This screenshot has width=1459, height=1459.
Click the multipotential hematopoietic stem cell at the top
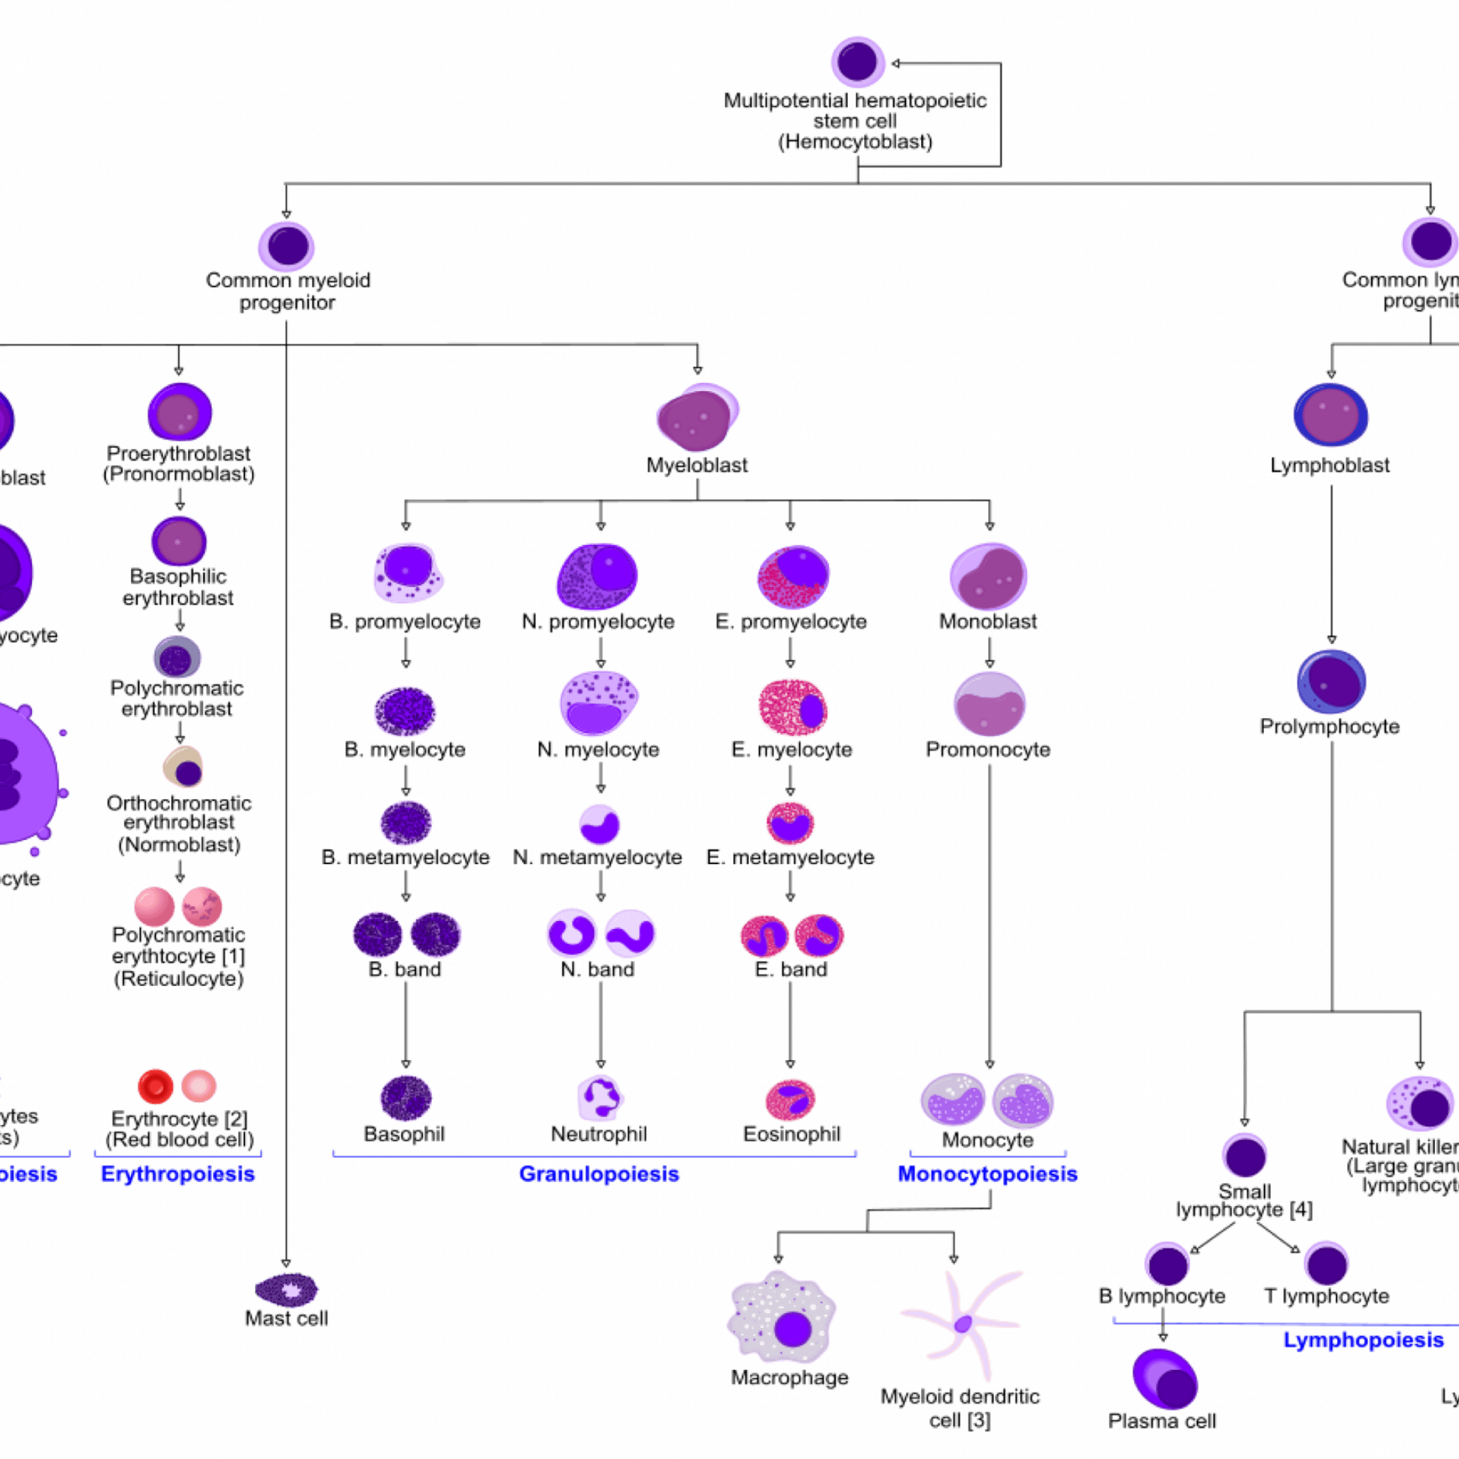click(857, 62)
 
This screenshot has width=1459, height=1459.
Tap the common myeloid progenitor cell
click(286, 246)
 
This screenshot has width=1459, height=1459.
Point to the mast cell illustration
click(286, 1291)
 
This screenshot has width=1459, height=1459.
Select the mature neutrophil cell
click(601, 1099)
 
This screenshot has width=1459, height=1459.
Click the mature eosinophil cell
click(790, 1099)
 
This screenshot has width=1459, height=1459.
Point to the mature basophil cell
click(405, 1099)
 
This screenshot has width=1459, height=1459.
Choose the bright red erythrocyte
click(156, 1086)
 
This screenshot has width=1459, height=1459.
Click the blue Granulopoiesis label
click(599, 1174)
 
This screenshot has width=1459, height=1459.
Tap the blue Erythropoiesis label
click(178, 1175)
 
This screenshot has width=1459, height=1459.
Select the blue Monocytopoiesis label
click(987, 1174)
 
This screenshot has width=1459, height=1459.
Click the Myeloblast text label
click(697, 466)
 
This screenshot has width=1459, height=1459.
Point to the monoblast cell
click(988, 577)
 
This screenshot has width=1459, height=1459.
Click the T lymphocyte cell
click(1326, 1265)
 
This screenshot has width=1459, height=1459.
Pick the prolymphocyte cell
click(1331, 680)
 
